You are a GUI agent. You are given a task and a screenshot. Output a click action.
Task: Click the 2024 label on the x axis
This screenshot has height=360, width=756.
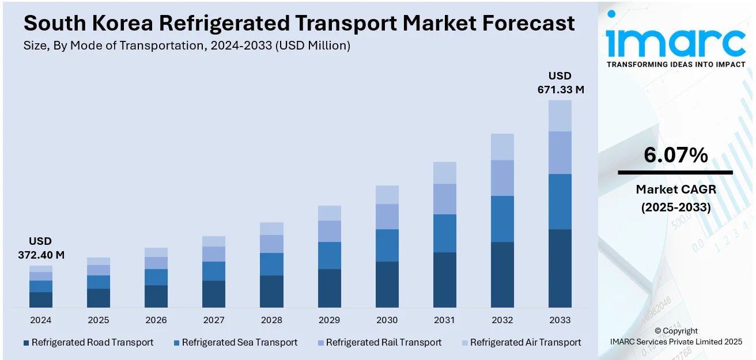click(41, 320)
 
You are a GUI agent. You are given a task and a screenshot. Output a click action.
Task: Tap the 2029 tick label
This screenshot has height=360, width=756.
click(329, 320)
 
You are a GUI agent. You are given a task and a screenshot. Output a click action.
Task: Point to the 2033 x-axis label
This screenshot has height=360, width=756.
click(560, 320)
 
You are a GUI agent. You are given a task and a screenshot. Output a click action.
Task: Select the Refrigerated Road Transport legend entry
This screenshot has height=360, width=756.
click(92, 342)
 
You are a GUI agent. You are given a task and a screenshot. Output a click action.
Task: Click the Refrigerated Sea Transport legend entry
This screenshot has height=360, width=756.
click(239, 342)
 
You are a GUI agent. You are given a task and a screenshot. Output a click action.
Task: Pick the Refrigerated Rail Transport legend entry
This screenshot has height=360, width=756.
click(383, 342)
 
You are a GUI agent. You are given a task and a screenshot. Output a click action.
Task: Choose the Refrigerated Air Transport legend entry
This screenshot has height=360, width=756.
click(525, 342)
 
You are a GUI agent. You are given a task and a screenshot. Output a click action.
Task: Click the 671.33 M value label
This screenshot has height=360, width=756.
click(560, 89)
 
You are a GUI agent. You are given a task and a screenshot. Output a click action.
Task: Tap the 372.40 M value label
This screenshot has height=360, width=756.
click(40, 255)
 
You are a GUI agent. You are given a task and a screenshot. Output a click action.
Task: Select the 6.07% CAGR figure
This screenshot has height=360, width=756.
click(675, 155)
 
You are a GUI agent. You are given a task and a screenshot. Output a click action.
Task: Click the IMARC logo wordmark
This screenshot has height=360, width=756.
click(675, 40)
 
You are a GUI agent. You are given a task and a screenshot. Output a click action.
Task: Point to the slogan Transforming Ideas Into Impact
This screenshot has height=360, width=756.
click(676, 64)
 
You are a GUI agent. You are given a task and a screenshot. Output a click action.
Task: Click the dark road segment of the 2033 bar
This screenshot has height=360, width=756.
click(560, 268)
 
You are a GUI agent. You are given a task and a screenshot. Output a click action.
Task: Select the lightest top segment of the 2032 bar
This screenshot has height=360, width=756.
click(502, 147)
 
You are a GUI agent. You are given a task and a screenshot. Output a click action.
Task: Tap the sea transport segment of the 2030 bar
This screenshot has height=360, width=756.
click(387, 245)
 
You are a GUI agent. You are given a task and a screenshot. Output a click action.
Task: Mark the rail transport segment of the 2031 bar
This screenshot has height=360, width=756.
click(444, 199)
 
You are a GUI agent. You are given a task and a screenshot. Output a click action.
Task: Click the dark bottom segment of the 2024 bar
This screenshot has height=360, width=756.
click(41, 300)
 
